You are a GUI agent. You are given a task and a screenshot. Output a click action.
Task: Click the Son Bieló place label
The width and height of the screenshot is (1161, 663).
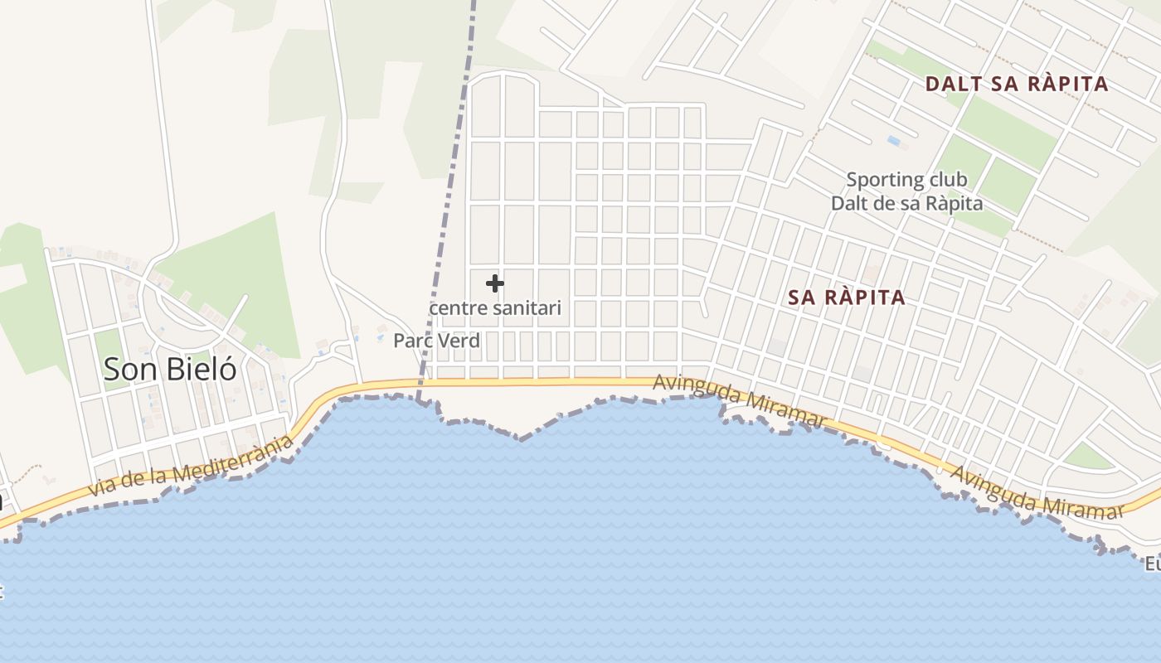pyautogui.click(x=170, y=370)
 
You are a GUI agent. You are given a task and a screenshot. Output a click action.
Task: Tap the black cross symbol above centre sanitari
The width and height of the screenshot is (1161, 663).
pyautogui.click(x=495, y=283)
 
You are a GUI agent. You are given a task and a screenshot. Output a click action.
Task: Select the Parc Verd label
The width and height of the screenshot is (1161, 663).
pyautogui.click(x=436, y=341)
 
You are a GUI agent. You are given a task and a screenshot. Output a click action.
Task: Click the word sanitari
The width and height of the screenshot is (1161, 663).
pyautogui.click(x=526, y=308)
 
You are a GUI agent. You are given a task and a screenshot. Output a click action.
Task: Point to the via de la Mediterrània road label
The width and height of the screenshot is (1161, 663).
pyautogui.click(x=191, y=467)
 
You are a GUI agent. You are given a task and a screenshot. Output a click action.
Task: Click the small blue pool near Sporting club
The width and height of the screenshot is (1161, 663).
pyautogui.click(x=894, y=141)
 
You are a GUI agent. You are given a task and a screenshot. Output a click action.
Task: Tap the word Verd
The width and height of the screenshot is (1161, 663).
pyautogui.click(x=462, y=341)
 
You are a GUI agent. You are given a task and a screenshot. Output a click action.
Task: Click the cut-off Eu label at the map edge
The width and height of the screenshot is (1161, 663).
pyautogui.click(x=1153, y=564)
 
